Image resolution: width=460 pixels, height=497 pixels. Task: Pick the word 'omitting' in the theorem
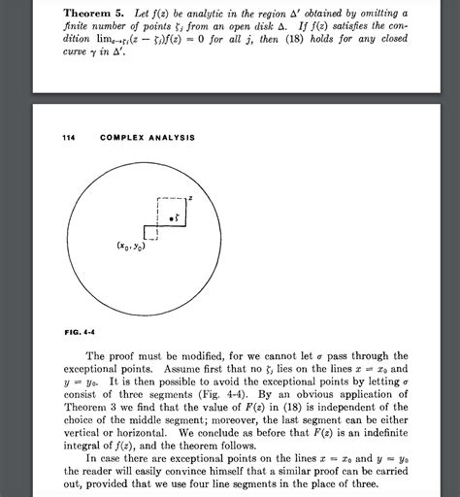(x=362, y=11)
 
